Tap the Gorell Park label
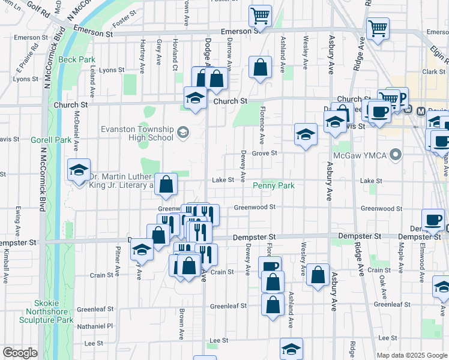click(51, 140)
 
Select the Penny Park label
click(273, 186)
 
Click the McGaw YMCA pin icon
click(395, 155)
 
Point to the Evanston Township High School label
click(137, 133)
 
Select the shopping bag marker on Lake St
click(166, 184)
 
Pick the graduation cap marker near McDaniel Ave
click(79, 170)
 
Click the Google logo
click(20, 353)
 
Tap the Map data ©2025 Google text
click(411, 355)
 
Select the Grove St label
click(264, 153)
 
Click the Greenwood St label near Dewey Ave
click(254, 207)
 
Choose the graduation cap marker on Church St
click(195, 99)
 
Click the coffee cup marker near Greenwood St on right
click(433, 220)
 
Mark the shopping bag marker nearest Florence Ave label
click(260, 68)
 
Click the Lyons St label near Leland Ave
click(112, 70)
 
